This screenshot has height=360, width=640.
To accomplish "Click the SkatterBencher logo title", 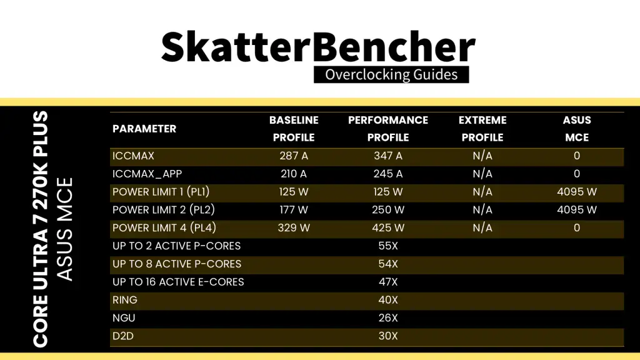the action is (x=318, y=46).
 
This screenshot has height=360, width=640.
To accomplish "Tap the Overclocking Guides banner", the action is (x=391, y=75).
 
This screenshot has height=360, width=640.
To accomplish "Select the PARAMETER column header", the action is (x=144, y=129).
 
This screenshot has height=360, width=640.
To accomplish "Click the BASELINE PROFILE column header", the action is (x=294, y=129).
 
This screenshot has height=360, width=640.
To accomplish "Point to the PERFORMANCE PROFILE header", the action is (x=388, y=129).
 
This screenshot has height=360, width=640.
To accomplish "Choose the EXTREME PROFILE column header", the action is (x=482, y=129).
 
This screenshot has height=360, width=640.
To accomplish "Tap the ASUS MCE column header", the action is (x=577, y=129).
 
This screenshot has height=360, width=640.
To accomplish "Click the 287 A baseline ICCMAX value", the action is (x=294, y=156).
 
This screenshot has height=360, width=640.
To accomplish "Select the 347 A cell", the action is (x=388, y=156).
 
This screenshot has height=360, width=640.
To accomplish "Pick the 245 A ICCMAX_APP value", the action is (x=388, y=174).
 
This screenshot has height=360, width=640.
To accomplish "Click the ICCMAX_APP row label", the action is (x=147, y=174).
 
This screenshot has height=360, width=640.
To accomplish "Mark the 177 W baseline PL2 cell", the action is (x=294, y=210).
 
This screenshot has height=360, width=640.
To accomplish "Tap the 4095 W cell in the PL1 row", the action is (x=577, y=192).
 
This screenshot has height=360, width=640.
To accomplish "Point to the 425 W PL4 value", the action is (x=388, y=227).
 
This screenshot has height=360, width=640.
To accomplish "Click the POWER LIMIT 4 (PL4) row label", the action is (x=164, y=227).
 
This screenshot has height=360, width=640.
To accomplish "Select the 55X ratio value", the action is (x=388, y=246).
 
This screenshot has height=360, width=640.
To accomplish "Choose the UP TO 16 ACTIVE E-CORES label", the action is (x=178, y=282).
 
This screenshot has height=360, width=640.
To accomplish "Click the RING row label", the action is (x=125, y=300).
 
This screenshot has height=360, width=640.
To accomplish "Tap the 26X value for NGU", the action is (x=388, y=318).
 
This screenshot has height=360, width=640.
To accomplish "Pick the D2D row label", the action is (x=123, y=336).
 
